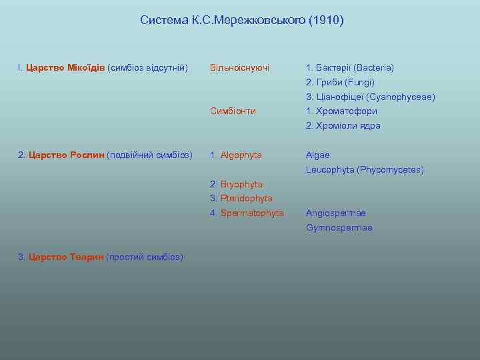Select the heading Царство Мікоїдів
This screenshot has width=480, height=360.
(65, 68)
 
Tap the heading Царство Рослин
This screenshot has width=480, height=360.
(67, 155)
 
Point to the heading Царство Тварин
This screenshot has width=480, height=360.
(67, 257)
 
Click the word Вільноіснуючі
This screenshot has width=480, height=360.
(239, 68)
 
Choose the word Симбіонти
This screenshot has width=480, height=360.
(233, 111)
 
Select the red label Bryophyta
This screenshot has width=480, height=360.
(241, 184)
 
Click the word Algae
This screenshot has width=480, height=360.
(317, 155)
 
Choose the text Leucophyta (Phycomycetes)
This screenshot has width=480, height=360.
(365, 170)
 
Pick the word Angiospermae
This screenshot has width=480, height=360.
(335, 213)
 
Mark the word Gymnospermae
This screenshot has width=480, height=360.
(339, 228)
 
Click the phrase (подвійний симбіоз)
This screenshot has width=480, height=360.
(149, 155)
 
